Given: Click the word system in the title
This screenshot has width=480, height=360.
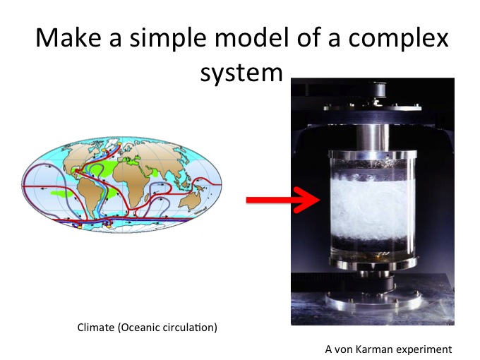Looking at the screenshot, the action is coord(241,73).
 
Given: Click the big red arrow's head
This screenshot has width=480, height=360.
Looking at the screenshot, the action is coord(307,200).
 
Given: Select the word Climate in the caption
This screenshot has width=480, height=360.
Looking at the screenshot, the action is coord(96,328).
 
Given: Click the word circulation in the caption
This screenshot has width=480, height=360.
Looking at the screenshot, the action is coord(190,328).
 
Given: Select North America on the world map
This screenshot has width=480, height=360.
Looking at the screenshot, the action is coord(80,157).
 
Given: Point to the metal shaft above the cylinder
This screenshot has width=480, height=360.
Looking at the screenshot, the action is coord(373,137).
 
